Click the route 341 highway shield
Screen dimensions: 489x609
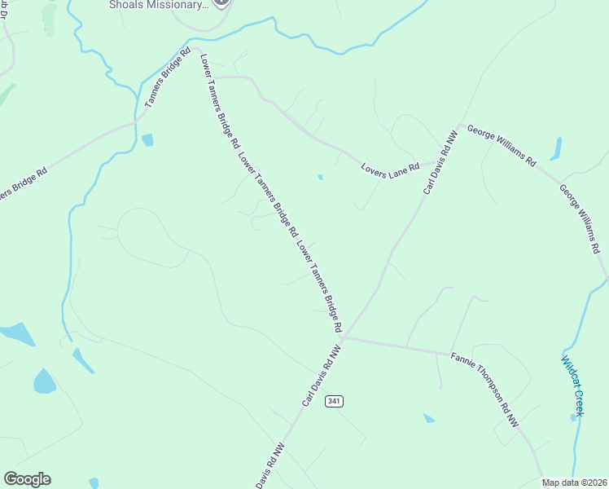[x=333, y=400]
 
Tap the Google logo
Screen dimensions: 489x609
[x=27, y=479]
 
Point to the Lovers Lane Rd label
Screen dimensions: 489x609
[x=390, y=166]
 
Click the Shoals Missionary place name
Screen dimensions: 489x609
[x=158, y=4]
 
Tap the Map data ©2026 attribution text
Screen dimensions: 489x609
[x=574, y=482]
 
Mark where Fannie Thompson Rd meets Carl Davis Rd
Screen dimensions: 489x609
[x=344, y=337]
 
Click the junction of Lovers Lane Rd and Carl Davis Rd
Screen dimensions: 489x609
[x=433, y=161]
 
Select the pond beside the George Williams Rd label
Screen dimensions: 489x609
[x=556, y=148]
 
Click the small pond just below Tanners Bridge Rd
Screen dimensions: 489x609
[x=147, y=140]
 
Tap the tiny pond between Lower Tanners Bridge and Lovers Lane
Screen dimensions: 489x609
[x=320, y=177]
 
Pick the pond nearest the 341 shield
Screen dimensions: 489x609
[x=428, y=418]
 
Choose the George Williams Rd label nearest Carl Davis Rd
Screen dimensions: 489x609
[x=502, y=146]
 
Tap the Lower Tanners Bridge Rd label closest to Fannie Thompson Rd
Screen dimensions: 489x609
[x=320, y=286]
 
